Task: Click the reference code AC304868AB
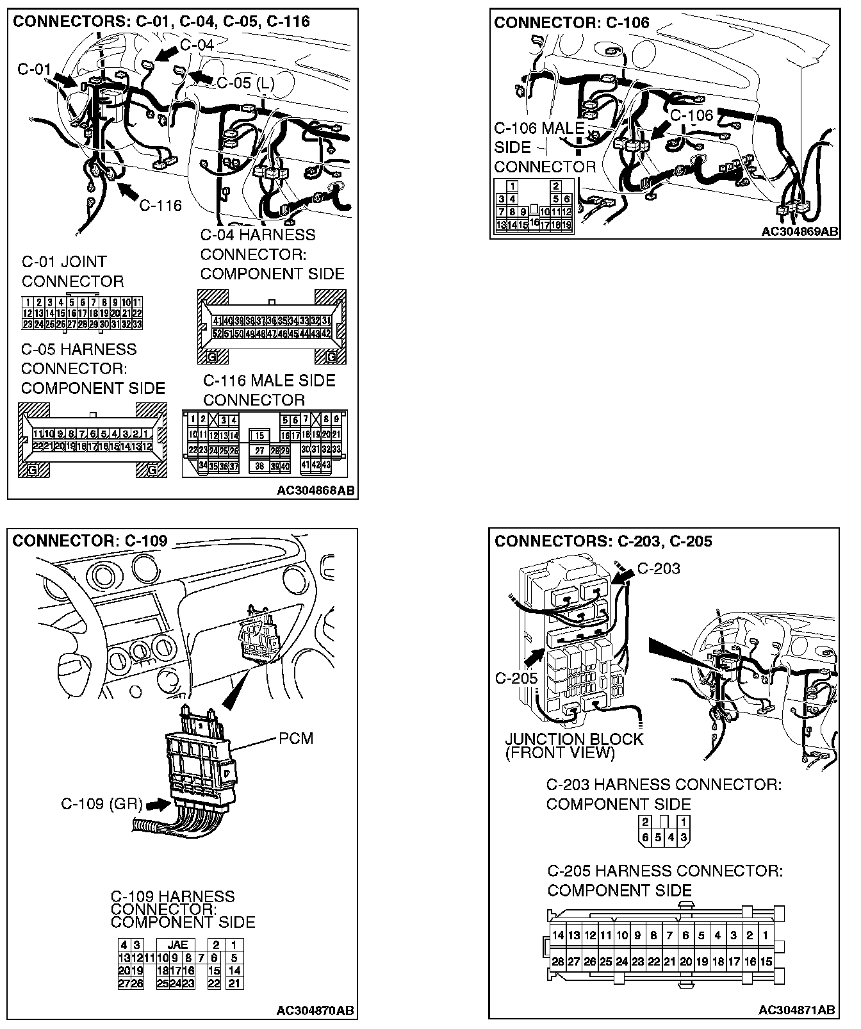point(316,491)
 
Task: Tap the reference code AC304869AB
point(800,231)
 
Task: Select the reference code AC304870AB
point(315,1010)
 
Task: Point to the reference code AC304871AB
point(797,1010)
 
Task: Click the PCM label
point(296,739)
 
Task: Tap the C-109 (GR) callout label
point(102,804)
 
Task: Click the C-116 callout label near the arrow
point(160,205)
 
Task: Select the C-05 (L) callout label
point(245,83)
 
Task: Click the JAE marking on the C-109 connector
point(177,944)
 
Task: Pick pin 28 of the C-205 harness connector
point(558,962)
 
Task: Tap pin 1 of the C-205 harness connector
point(765,935)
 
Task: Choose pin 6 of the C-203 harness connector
point(645,837)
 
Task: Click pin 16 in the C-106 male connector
point(534,222)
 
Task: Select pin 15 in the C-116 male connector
point(259,436)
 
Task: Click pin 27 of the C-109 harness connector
point(124,984)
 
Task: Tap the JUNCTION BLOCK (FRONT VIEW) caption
point(573,746)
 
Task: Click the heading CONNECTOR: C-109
point(90,541)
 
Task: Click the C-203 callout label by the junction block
point(659,568)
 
